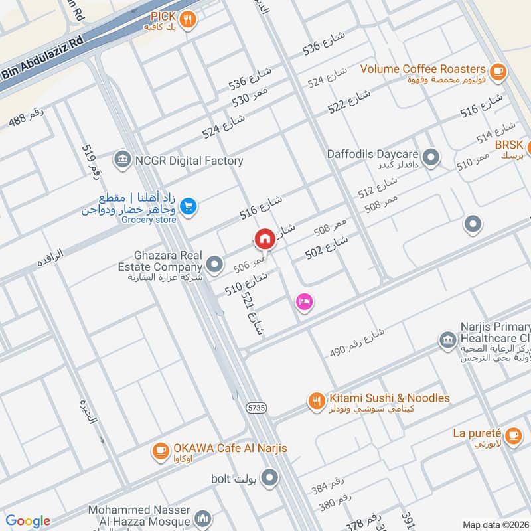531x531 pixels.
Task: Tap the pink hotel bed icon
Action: click(x=305, y=302)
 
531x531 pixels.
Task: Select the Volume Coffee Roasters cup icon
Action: click(x=496, y=69)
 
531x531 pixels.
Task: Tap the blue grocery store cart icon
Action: click(x=189, y=207)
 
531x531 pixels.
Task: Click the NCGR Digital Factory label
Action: click(x=189, y=160)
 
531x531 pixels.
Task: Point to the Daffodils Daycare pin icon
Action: click(x=431, y=157)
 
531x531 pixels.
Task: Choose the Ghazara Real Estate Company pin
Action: click(x=214, y=265)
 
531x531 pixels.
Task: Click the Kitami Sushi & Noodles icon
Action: click(x=316, y=401)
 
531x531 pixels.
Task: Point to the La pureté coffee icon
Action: click(x=512, y=435)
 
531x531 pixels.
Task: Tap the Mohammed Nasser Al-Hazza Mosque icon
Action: click(x=203, y=518)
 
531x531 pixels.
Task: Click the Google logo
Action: click(x=28, y=521)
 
